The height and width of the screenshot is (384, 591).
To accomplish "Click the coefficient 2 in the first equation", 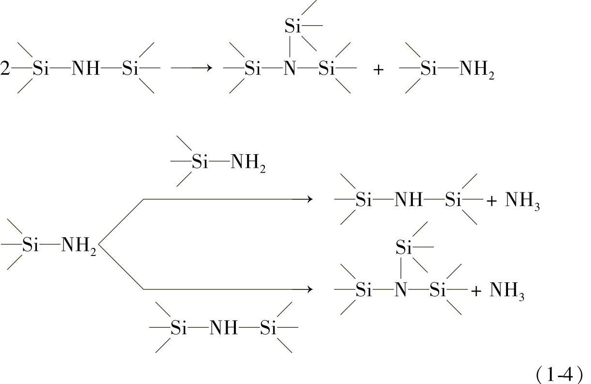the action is [x=5, y=69].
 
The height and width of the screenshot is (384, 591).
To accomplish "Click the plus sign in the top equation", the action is [x=378, y=69].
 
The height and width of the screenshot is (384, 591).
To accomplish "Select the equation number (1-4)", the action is [x=559, y=374].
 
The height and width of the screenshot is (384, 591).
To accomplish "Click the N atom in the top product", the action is [x=289, y=69].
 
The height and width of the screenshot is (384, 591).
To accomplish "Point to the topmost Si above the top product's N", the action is [x=293, y=27].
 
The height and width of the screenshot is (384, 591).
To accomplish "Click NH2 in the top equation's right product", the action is [x=476, y=69].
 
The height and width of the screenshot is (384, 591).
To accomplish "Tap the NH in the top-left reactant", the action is [x=85, y=69].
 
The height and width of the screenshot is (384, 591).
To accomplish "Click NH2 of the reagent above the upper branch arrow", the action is [x=248, y=162].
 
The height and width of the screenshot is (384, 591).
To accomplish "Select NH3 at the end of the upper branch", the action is [x=523, y=200].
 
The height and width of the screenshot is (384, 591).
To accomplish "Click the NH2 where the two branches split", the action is [x=79, y=246].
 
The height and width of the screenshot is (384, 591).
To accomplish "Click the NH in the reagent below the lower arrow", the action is [x=224, y=329].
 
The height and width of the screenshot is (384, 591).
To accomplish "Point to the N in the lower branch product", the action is [x=400, y=290].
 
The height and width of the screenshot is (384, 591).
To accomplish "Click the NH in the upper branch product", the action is [x=409, y=200].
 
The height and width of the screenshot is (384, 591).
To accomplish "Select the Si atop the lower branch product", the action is [x=404, y=248].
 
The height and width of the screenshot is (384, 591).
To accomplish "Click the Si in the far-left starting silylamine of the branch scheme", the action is [x=30, y=246].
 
